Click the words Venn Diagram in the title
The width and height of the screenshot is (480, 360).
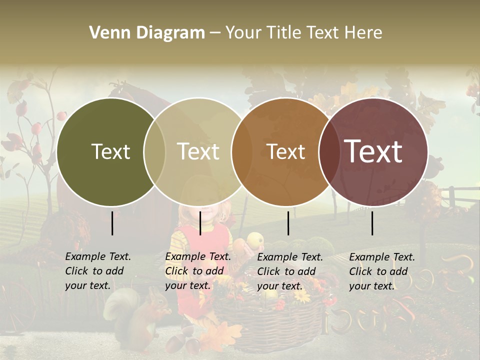tap(147, 33)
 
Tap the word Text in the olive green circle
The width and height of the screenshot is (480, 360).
tap(110, 151)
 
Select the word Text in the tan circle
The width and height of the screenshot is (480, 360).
tap(198, 151)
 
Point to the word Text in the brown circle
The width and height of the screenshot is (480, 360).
tap(285, 151)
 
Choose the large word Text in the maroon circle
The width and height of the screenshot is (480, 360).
tap(373, 151)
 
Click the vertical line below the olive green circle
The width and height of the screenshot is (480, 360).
tap(112, 223)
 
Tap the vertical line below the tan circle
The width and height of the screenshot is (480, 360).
tap(200, 223)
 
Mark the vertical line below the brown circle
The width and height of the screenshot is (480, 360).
tap(288, 223)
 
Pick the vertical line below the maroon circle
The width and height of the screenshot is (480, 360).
tap(372, 223)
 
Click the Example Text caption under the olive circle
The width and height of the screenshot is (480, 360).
tap(98, 271)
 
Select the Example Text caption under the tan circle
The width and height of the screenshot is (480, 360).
tap(198, 271)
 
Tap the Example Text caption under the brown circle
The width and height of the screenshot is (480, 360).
tap(290, 271)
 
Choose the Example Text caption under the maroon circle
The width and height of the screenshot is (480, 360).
tap(382, 271)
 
